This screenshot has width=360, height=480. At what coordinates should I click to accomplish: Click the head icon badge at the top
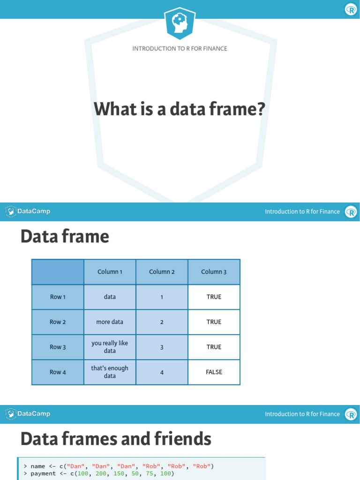(180, 23)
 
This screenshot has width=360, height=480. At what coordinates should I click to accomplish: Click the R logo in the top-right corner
(351, 9)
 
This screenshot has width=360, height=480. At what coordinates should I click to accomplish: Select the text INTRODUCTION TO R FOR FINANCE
(180, 49)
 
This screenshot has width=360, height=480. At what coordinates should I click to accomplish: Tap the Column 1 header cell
(110, 272)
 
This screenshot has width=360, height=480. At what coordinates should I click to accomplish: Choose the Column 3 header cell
(214, 272)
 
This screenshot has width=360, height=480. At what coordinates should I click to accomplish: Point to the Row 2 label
(58, 322)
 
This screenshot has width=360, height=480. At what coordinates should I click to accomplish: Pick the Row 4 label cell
(58, 372)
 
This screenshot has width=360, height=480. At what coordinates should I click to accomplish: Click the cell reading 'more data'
(110, 322)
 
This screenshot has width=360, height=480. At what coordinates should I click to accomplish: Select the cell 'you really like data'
(110, 347)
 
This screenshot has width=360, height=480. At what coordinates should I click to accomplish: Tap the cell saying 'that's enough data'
(110, 372)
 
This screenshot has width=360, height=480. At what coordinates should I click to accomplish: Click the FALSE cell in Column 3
(214, 372)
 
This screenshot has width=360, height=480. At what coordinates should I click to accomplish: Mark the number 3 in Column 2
(162, 347)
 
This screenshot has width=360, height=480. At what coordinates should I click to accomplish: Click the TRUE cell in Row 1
(214, 297)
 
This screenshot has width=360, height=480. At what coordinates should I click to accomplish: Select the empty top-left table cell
(58, 272)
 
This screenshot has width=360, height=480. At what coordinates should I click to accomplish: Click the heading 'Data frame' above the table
(65, 237)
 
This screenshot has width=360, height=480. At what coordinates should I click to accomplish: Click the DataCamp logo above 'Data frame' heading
(28, 211)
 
